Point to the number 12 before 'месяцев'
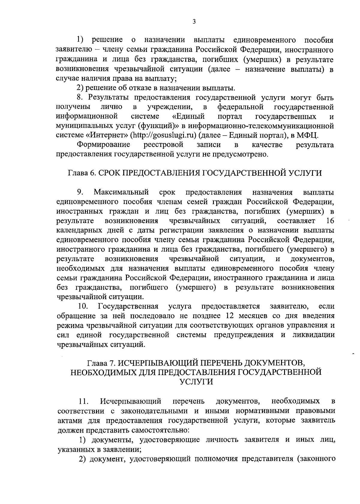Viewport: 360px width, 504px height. [x=227, y=316]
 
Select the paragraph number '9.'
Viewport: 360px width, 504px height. [x=80, y=192]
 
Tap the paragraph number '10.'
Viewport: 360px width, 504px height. [x=82, y=306]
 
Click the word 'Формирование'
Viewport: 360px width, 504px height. [x=103, y=145]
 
